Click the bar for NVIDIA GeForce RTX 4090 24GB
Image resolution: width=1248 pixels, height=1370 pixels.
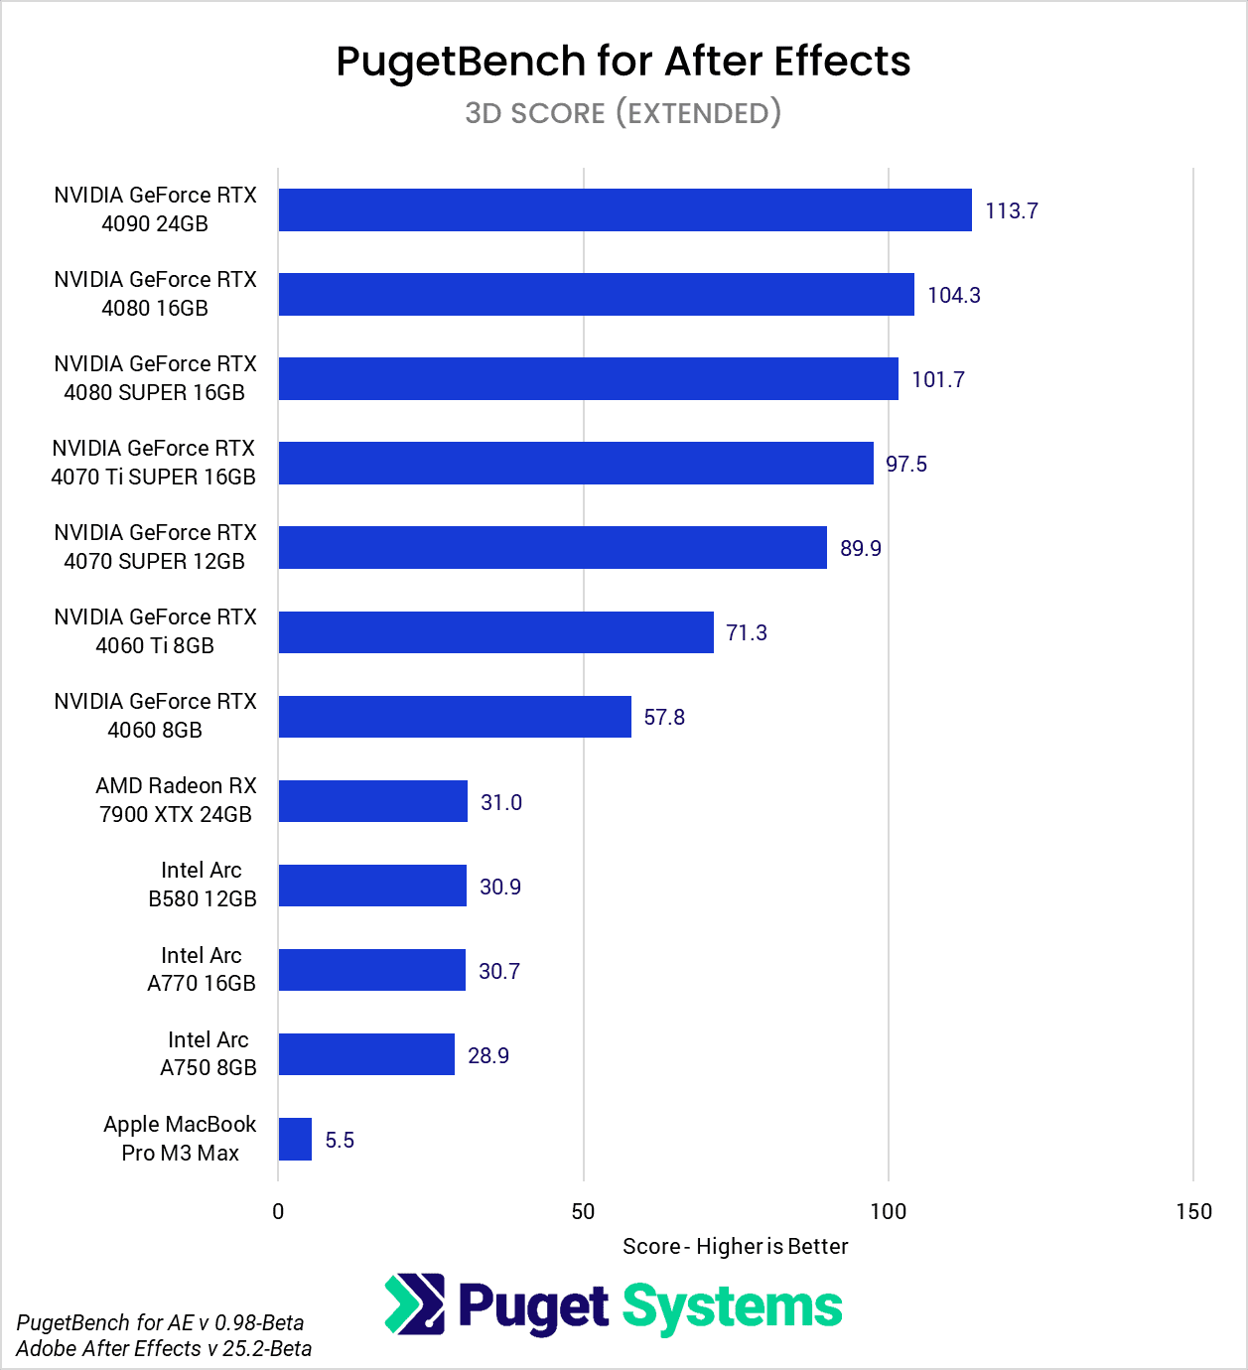click(x=624, y=210)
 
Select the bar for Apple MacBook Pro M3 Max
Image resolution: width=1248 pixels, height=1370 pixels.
click(x=295, y=1139)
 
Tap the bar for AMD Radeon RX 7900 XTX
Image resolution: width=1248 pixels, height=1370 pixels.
click(x=372, y=801)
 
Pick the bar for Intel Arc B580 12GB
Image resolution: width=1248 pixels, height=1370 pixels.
click(x=372, y=886)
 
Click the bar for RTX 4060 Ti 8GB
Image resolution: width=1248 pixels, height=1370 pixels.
click(x=495, y=632)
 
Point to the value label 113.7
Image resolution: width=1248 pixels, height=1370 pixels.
click(x=1011, y=210)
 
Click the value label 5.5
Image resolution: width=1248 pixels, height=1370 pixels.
click(x=340, y=1140)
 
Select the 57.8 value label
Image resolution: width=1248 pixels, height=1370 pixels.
click(x=664, y=717)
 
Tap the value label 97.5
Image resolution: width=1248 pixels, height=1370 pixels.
click(x=905, y=464)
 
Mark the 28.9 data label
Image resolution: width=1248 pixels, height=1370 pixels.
click(x=487, y=1055)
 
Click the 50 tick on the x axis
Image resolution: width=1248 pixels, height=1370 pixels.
click(x=583, y=1211)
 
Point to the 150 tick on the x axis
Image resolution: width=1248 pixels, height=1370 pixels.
click(x=1193, y=1211)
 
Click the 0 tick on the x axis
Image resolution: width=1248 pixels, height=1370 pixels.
click(x=278, y=1211)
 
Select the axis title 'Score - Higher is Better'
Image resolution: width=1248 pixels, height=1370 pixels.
click(x=735, y=1247)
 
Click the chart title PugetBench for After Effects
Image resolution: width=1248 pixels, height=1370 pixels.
click(x=624, y=62)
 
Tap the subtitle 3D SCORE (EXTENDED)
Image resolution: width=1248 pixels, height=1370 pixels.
click(x=624, y=113)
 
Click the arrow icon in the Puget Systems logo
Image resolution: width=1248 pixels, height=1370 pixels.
click(x=415, y=1304)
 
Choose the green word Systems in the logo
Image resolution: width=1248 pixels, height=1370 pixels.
click(x=732, y=1307)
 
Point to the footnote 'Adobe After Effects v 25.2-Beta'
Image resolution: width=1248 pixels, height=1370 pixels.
click(x=164, y=1348)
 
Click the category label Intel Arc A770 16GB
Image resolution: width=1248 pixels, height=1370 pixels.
click(x=202, y=969)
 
